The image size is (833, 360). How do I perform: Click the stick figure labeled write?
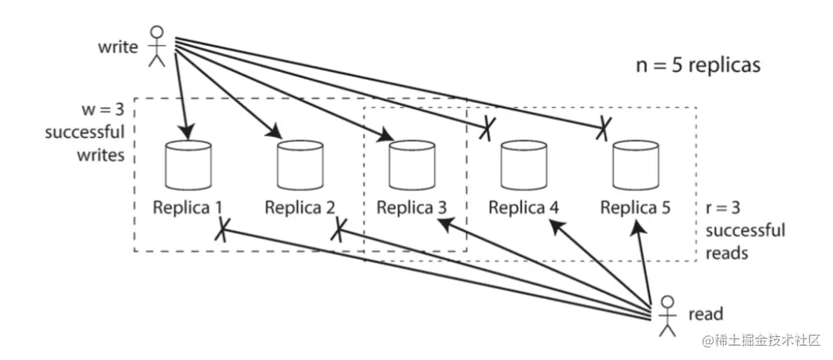[156, 47]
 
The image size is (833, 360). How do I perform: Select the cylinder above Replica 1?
[187, 164]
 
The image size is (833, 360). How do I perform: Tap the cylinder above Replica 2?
[299, 164]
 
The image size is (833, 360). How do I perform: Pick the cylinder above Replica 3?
[411, 164]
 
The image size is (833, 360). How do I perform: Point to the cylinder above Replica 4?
[523, 164]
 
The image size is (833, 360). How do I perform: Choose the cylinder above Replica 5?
[635, 164]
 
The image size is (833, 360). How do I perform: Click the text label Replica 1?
[188, 207]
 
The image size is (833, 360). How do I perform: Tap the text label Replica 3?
[411, 207]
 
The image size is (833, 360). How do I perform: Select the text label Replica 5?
[635, 207]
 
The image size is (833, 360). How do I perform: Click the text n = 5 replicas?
[698, 64]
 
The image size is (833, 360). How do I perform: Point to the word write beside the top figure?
[118, 47]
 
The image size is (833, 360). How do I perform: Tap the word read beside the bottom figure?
[706, 313]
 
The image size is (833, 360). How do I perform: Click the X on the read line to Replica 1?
[221, 231]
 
